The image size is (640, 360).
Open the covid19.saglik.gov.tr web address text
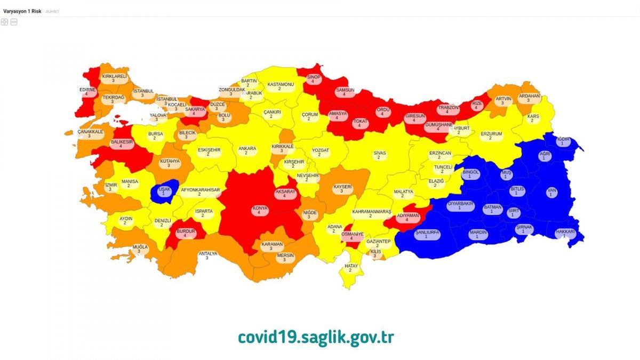coord(316,337)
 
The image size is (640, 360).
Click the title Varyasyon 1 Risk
coord(22,11)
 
